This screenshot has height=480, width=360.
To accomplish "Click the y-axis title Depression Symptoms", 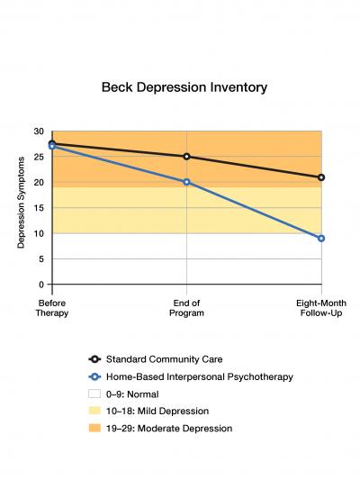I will click(21, 208).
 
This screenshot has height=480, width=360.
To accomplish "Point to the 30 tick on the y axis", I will click(38, 131).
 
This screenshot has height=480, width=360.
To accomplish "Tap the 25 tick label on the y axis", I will click(38, 157).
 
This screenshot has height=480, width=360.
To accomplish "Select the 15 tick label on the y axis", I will click(38, 208).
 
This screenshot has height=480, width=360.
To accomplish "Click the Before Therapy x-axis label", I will click(52, 308).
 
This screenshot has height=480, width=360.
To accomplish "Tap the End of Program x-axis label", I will click(186, 308).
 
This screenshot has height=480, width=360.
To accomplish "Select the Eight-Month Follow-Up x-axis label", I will click(320, 308).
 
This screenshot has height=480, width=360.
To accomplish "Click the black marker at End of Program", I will click(186, 157).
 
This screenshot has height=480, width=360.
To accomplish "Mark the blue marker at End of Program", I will click(186, 182).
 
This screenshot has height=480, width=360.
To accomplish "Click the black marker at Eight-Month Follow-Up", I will click(320, 177).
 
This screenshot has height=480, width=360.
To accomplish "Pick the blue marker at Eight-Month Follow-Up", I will click(320, 239).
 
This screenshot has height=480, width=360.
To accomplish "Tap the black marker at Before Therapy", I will click(52, 143).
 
